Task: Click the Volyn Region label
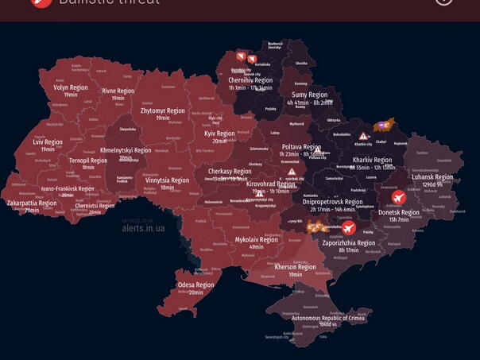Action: click(x=71, y=87)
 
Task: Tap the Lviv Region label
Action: click(x=48, y=142)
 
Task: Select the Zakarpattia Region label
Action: click(x=32, y=203)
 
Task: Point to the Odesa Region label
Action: click(x=195, y=285)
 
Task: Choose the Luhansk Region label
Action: click(x=432, y=177)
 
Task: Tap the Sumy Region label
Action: click(x=310, y=95)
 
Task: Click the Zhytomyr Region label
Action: click(x=163, y=111)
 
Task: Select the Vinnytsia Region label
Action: click(x=167, y=180)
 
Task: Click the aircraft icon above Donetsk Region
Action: click(x=398, y=197)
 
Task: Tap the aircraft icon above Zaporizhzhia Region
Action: click(x=348, y=228)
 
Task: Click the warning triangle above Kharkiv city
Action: click(x=363, y=136)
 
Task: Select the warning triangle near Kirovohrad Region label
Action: click(x=292, y=172)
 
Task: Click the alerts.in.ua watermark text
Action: click(x=143, y=228)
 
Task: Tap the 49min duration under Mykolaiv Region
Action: click(x=256, y=247)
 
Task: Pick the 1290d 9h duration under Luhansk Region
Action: click(x=432, y=184)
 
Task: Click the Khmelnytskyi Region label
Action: click(x=126, y=150)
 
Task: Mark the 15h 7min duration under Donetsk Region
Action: click(x=399, y=220)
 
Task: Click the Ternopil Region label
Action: click(x=88, y=161)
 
